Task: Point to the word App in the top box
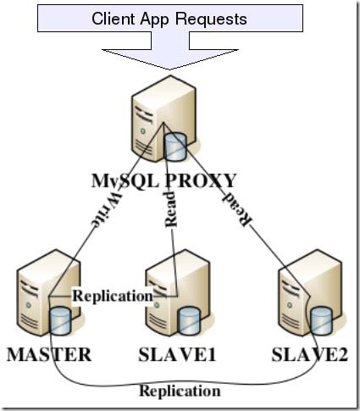click(x=162, y=19)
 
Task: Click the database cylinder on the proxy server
click(x=175, y=146)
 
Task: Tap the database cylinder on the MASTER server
click(x=59, y=321)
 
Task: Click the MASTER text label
click(x=48, y=354)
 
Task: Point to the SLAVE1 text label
click(x=178, y=354)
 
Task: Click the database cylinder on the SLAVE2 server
click(x=321, y=321)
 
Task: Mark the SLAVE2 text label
click(x=310, y=354)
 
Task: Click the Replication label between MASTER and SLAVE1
click(x=113, y=296)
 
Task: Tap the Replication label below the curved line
click(x=180, y=391)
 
